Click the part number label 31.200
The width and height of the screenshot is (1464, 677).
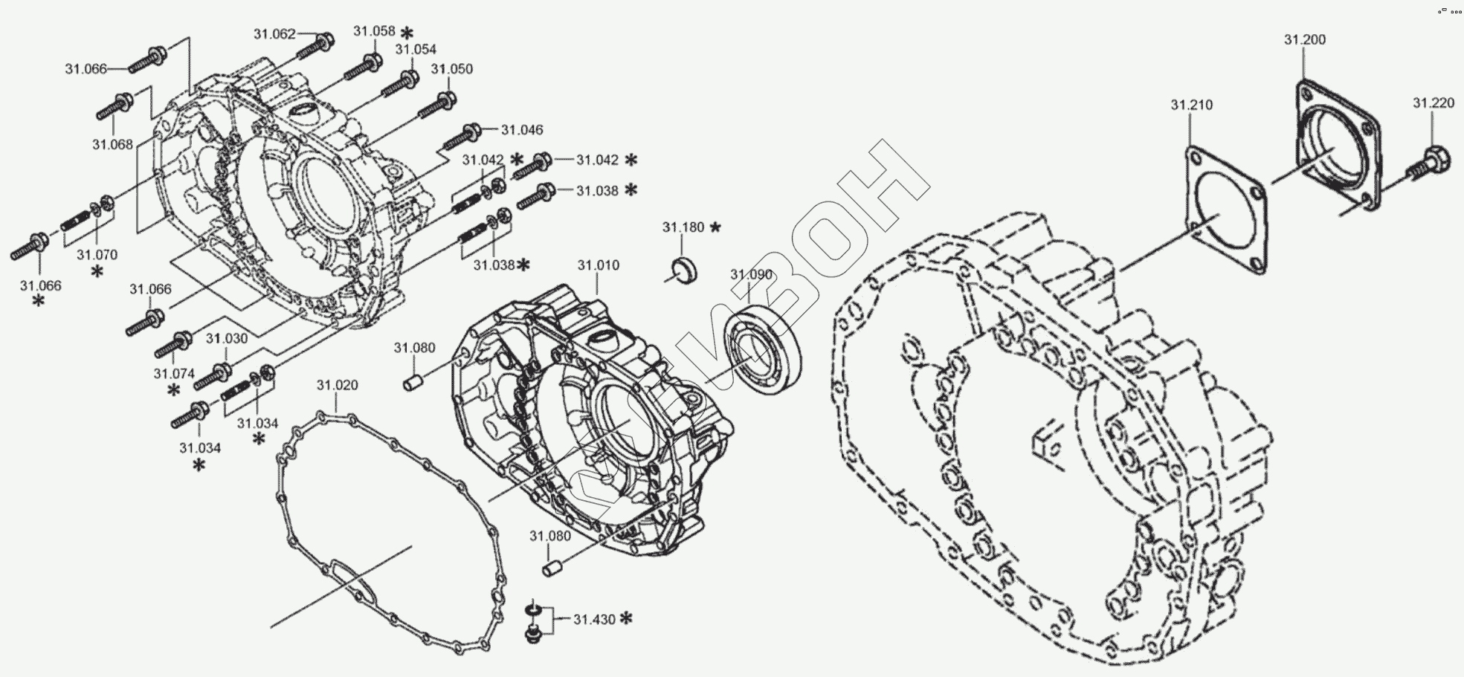[1304, 39]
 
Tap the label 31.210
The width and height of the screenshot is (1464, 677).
[1191, 105]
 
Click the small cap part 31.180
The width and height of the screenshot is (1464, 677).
[685, 271]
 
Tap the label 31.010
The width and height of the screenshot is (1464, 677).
[598, 265]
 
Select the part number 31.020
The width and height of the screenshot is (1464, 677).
[337, 385]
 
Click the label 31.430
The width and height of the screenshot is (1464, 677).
[594, 618]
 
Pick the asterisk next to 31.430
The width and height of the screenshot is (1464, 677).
[626, 618]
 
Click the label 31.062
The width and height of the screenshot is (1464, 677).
[274, 33]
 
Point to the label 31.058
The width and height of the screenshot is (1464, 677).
[374, 31]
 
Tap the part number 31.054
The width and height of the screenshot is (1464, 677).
[416, 49]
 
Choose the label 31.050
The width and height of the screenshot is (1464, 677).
[451, 69]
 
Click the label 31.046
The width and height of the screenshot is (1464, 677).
[522, 130]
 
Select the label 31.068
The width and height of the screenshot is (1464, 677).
[112, 144]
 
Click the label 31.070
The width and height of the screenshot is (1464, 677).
[97, 255]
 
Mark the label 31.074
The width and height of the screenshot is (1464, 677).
[174, 374]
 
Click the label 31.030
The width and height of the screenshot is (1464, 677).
[227, 339]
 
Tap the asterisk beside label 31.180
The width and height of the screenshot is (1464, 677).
[715, 227]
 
